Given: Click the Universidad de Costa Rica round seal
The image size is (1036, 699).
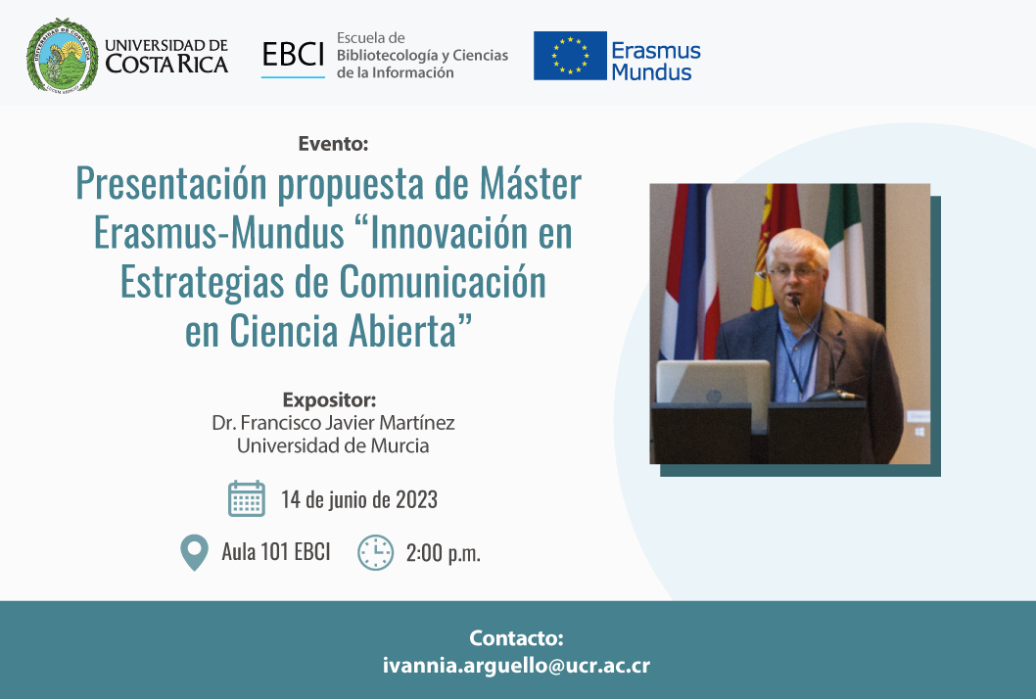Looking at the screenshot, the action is coord(62,55).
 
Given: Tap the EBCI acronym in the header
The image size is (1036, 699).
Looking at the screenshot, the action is coord(293,55).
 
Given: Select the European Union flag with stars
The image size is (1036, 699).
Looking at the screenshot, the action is coord(570,56).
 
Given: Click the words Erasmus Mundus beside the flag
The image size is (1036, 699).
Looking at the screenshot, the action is coord(655,61).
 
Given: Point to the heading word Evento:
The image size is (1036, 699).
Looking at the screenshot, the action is coord(333,143).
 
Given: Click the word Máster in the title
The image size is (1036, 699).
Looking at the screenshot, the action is coord(531,183).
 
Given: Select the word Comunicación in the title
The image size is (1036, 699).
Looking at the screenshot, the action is coord(443,281).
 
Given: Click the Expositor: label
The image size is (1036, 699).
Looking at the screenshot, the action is coord(329,399).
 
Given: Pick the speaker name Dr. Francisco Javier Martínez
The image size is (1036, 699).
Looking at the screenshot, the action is coord(333,422).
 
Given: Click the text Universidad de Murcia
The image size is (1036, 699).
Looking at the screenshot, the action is coord(333,445).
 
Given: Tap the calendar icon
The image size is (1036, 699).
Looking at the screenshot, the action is coord(247,499).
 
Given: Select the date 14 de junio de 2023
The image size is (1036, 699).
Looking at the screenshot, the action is coord(358,499).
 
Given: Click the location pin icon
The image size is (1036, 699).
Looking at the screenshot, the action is coord(194,553).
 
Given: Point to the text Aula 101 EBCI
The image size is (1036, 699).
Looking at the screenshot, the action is coord(275,552).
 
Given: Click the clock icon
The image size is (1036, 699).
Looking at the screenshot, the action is coord(375,553).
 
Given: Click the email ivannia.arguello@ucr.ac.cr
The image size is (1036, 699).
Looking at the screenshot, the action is coord(516,665).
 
